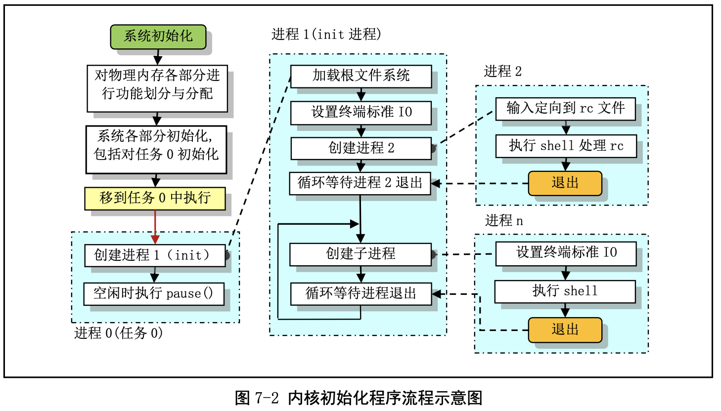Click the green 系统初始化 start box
click(x=158, y=37)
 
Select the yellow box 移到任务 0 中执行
click(x=155, y=198)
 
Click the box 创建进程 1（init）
click(x=154, y=255)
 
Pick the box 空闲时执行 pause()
click(x=153, y=293)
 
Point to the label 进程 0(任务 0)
click(x=118, y=333)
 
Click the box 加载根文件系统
click(x=360, y=76)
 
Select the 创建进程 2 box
click(x=360, y=148)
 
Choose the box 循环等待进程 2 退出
click(x=360, y=183)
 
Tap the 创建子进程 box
click(x=360, y=254)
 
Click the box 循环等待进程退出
click(x=360, y=293)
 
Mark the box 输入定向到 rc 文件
click(x=565, y=108)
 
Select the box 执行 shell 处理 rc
click(x=566, y=146)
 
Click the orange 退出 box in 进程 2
click(x=565, y=183)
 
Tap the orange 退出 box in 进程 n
click(x=565, y=329)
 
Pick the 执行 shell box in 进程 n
click(x=565, y=291)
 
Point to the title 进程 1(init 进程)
click(x=326, y=34)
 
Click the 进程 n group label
click(x=503, y=220)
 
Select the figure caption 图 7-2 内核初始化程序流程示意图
click(x=358, y=398)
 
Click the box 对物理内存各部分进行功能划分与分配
click(x=157, y=84)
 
